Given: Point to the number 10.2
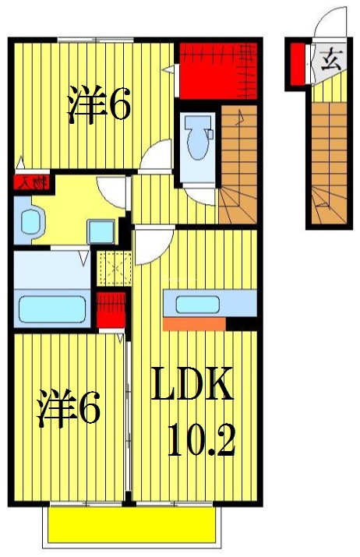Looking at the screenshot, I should tap(200, 442).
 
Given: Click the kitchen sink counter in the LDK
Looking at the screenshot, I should tap(208, 303).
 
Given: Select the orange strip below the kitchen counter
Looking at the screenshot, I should tap(194, 323).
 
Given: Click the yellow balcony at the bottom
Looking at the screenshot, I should tap(131, 525).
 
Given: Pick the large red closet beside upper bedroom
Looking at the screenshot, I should tap(217, 71).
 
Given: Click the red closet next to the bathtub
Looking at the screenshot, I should tap(109, 308).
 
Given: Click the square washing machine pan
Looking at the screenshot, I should tap(101, 231).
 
